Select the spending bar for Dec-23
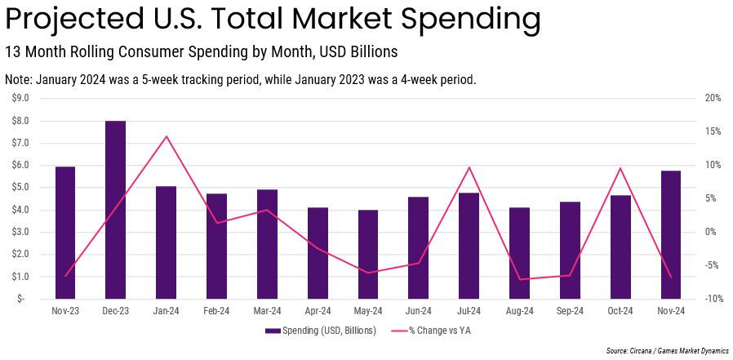pos(116,210)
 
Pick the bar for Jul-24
pos(469,246)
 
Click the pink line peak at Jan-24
pos(167,136)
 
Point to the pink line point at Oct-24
pos(620,168)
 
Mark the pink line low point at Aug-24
pos(519,279)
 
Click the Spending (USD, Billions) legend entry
pos(321,331)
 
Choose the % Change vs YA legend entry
pos(433,331)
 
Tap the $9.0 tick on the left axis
pos(20,98)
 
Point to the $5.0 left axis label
pos(20,187)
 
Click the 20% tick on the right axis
pos(713,98)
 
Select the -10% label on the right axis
pos(712,299)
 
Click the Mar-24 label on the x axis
pos(267,311)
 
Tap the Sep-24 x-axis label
pos(570,311)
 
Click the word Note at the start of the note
pos(19,80)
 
